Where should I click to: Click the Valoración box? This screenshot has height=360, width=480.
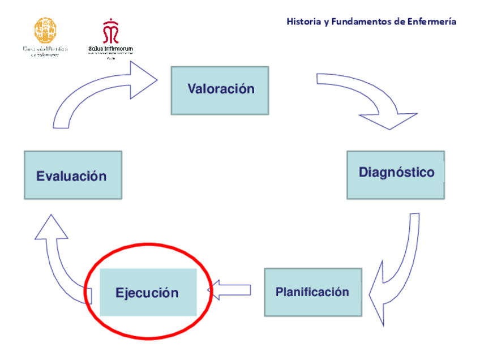click(220, 90)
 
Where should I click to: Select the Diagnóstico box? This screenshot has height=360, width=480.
click(395, 174)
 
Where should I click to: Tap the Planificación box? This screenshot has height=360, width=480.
click(312, 292)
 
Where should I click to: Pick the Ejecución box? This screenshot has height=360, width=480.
click(148, 293)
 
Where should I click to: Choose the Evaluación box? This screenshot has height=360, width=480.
click(72, 175)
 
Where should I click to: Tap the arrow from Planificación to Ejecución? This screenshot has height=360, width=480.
click(232, 290)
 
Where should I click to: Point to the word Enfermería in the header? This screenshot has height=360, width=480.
click(432, 22)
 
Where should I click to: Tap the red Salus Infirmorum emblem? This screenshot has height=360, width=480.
click(110, 32)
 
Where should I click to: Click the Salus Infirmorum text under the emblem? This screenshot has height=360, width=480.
click(110, 49)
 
